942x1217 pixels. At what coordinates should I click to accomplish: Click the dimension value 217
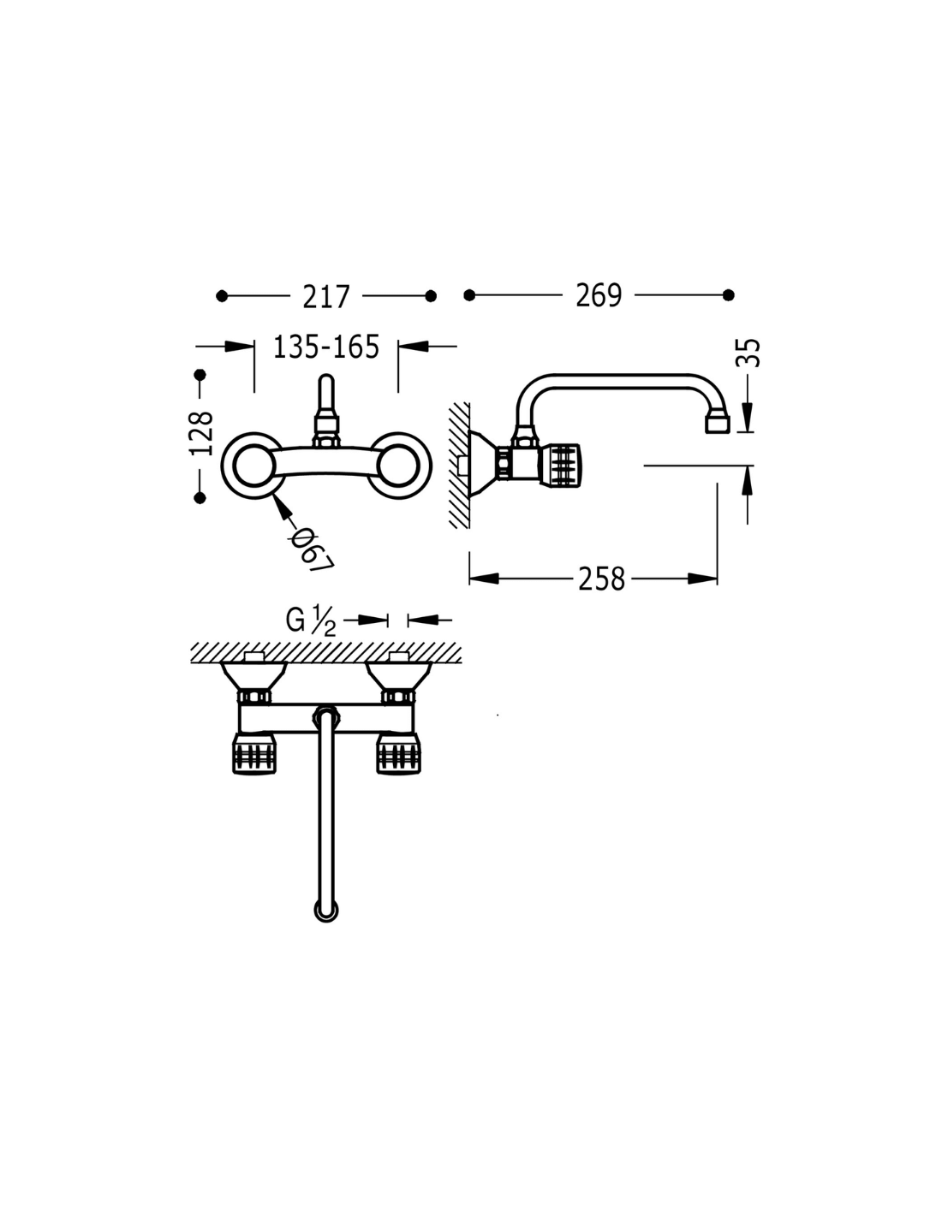tap(326, 297)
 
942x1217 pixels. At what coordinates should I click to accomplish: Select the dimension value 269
tap(599, 295)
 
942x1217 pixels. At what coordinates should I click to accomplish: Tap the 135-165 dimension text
tap(326, 347)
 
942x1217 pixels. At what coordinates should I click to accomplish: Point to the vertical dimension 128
tap(202, 434)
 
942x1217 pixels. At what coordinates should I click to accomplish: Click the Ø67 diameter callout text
tap(311, 549)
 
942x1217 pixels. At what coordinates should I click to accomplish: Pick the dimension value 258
tap(601, 579)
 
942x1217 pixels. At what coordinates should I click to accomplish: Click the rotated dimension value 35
tap(748, 353)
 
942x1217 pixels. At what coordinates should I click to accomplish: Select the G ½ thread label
tap(311, 620)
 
